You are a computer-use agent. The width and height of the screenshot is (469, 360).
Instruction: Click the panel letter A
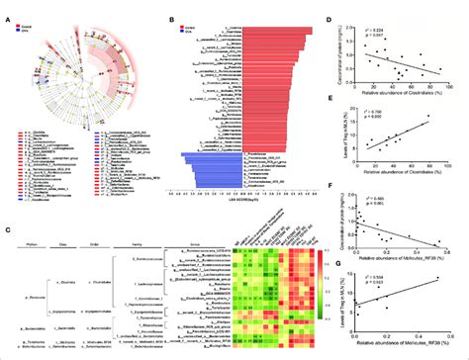tap(6, 6)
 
